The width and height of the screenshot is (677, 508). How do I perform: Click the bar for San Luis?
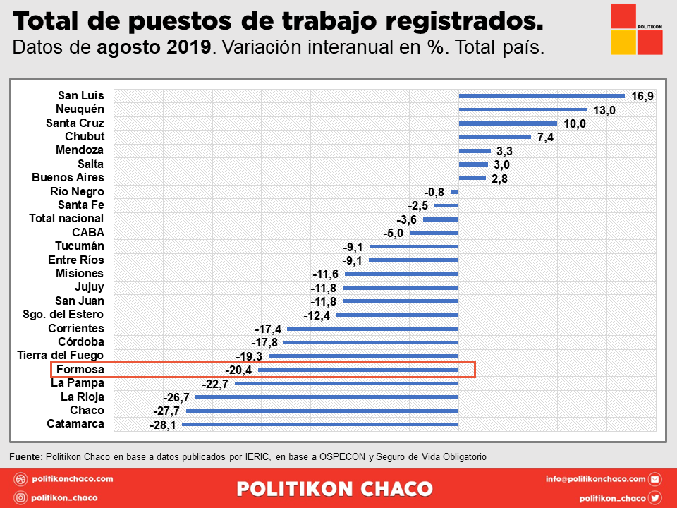542,96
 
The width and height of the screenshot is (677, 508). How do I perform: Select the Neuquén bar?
523,109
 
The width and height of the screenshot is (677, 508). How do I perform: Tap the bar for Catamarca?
321,425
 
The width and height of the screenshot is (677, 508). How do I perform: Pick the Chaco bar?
322,411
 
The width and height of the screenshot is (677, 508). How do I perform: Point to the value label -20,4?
239,370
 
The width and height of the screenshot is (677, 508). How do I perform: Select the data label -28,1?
163,425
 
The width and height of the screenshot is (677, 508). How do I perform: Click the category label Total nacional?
66,219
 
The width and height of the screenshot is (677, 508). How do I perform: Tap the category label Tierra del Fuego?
61,356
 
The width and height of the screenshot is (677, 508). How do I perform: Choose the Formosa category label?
80,370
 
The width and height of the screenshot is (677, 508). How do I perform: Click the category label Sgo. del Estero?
63,315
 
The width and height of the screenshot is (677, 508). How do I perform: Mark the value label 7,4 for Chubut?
546,138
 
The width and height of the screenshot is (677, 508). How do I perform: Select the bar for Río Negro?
455,192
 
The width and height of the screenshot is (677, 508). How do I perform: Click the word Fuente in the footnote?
25,456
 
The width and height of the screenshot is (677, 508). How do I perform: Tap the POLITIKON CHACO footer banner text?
335,488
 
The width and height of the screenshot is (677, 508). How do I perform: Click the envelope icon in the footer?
655,479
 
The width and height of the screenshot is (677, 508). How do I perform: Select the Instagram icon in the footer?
20,497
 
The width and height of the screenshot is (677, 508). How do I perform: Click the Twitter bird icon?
655,497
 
